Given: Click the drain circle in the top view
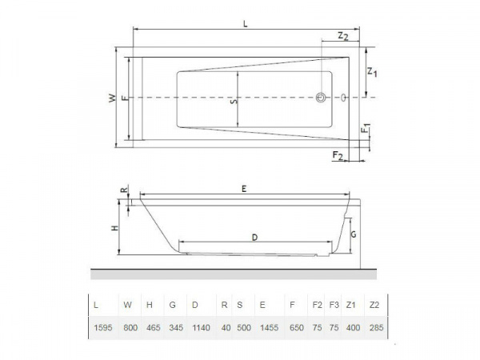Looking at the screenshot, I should (x=321, y=98).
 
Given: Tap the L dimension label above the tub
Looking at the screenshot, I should (x=246, y=24).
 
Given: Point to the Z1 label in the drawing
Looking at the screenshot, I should (x=372, y=73).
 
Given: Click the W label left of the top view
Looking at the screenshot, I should (x=113, y=98).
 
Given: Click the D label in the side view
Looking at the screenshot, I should (x=254, y=237).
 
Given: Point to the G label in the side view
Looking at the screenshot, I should (x=354, y=235).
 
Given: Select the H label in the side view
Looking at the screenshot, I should (x=115, y=228).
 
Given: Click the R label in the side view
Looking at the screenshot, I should (x=122, y=190).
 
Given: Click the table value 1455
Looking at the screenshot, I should (x=263, y=328).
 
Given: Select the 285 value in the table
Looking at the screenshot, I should (x=374, y=328).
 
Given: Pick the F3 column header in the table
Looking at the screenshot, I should (x=334, y=305).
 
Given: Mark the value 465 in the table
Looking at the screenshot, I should (x=151, y=328).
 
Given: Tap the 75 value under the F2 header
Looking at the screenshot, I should (x=317, y=328).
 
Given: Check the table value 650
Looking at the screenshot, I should (x=294, y=328).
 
